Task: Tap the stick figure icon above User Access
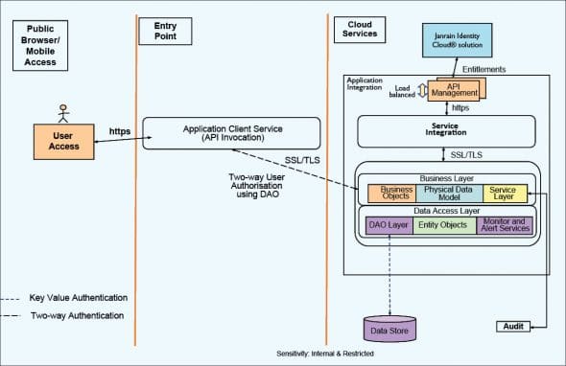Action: [65, 112]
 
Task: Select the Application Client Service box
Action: [231, 132]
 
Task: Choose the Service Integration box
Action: [442, 130]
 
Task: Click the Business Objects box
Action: [389, 194]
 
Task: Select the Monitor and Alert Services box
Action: [505, 226]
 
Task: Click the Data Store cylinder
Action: [389, 330]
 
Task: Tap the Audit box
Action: [514, 327]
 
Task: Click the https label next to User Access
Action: [119, 130]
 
